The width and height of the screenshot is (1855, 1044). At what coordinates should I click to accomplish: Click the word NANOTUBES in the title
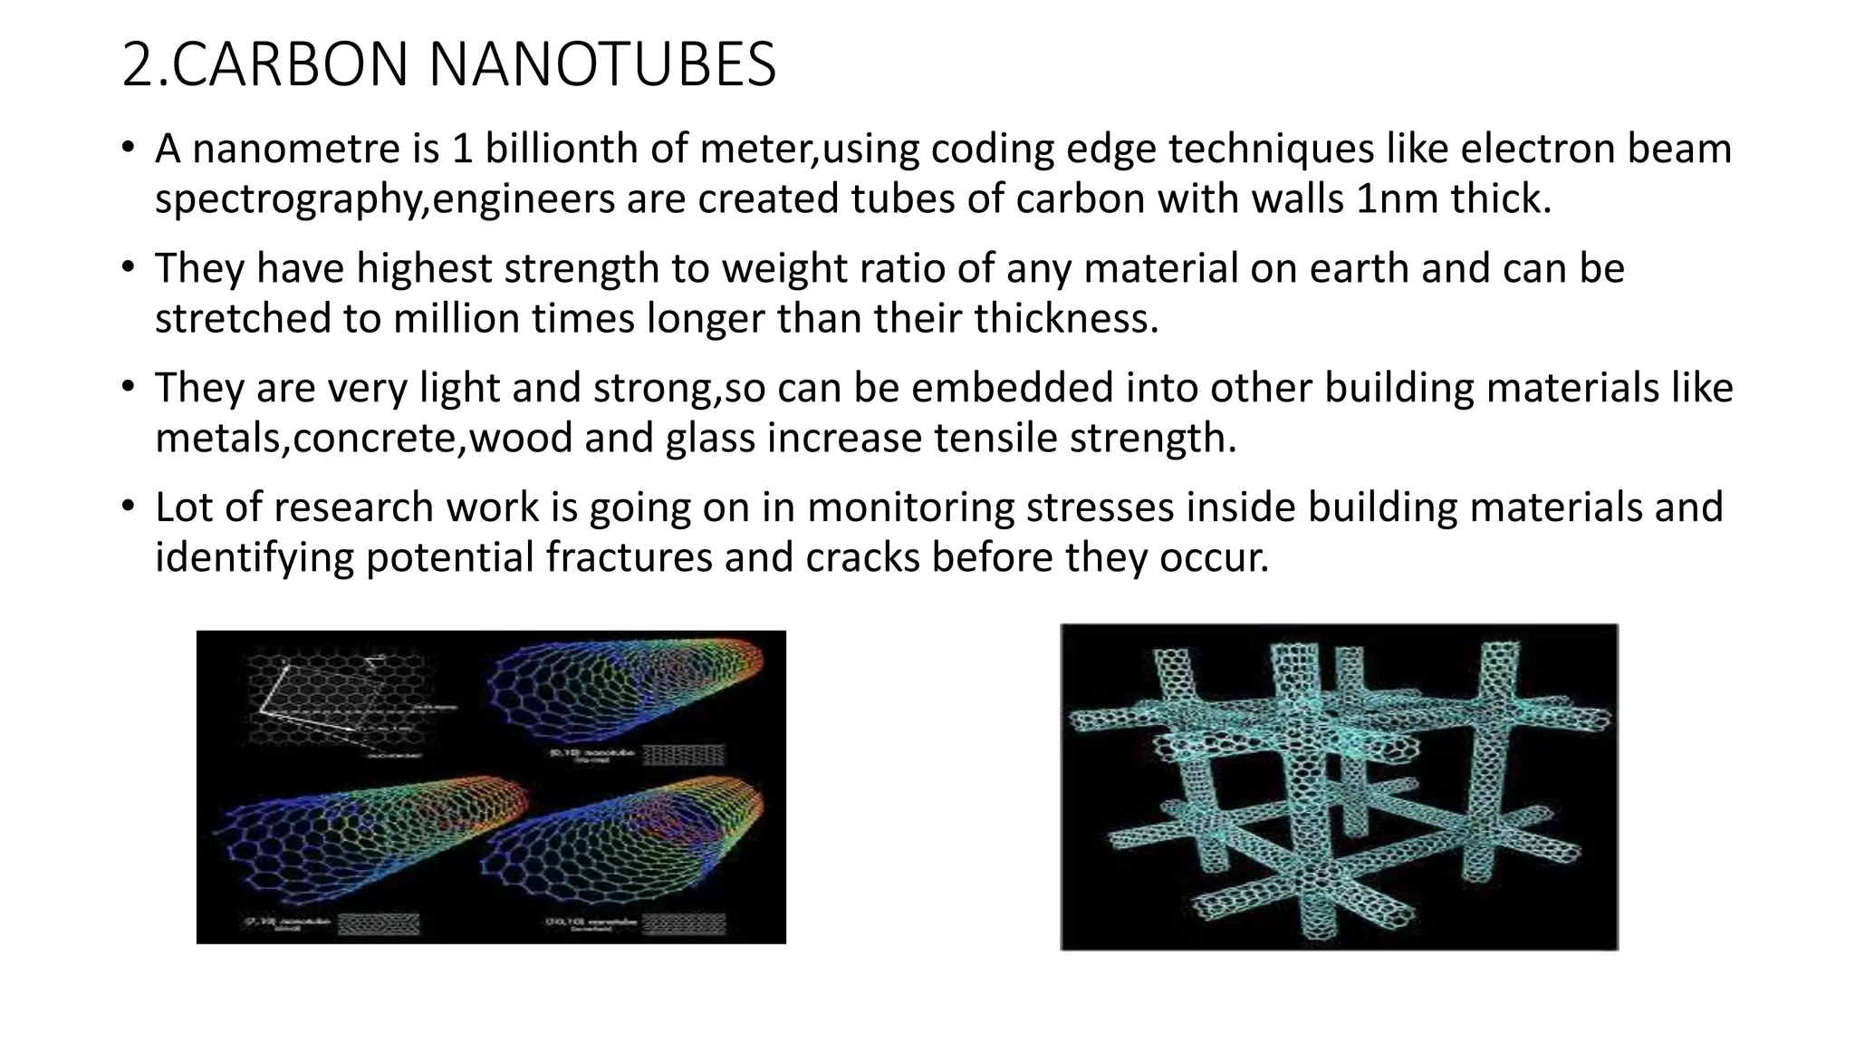pyautogui.click(x=601, y=65)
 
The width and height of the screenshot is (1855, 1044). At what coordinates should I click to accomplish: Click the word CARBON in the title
pyautogui.click(x=290, y=65)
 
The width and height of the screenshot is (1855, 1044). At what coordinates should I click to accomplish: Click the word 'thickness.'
pyautogui.click(x=1066, y=318)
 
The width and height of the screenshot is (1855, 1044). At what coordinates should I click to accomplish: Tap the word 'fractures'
pyautogui.click(x=629, y=557)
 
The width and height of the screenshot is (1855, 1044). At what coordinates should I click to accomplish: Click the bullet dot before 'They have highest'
pyautogui.click(x=129, y=267)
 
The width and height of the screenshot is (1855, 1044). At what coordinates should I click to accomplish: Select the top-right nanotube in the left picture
pyautogui.click(x=625, y=689)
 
